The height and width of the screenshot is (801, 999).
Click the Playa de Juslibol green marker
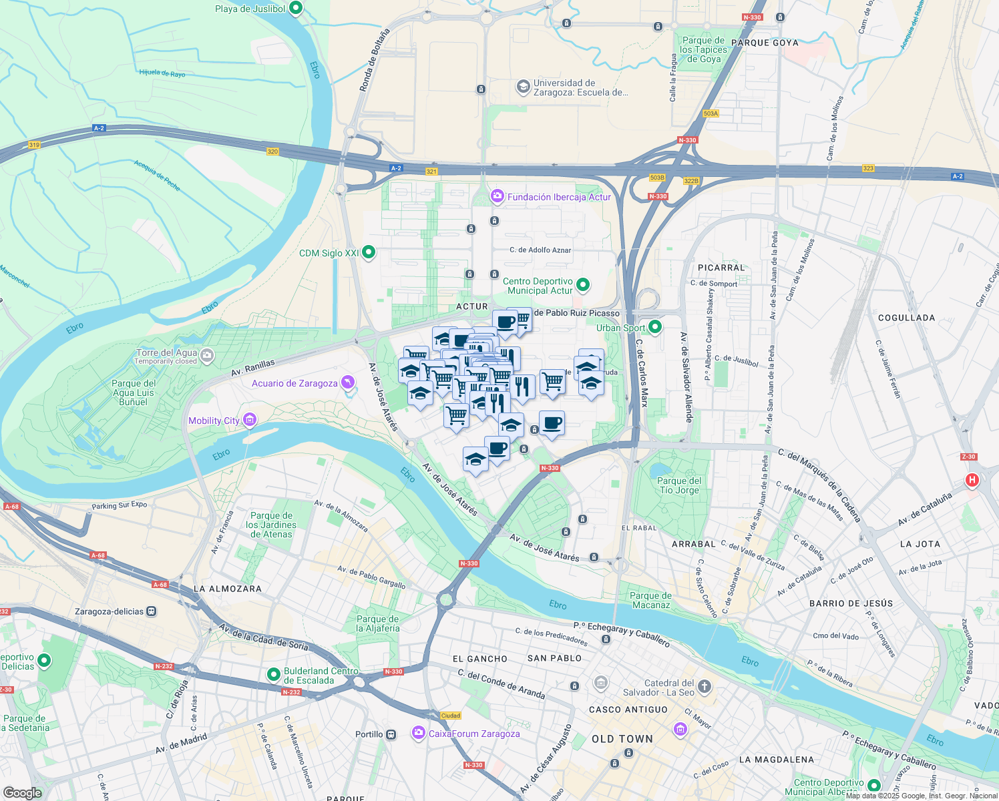coord(296,9)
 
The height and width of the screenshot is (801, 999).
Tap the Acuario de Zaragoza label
coord(294,383)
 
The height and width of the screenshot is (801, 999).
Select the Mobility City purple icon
coord(250,420)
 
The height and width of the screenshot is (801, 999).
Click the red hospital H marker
coord(972,480)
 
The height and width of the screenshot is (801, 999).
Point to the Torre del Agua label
coord(166,352)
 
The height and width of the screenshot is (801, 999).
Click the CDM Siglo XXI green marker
coord(368,252)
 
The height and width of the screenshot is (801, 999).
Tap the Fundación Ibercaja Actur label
coord(559,197)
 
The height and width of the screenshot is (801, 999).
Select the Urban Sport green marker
coord(655,327)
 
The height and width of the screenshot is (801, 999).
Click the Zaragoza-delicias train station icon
coord(152,611)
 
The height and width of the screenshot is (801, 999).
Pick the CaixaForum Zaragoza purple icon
coord(418,733)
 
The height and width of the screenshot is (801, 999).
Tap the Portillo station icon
coord(391,734)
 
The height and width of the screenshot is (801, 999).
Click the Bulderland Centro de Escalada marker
coord(273,675)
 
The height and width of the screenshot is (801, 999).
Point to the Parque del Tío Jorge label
coord(679,485)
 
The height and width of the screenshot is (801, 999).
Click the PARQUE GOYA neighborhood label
coord(765,43)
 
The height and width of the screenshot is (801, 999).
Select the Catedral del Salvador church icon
coord(705,687)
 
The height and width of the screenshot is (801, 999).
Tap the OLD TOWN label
coord(622,739)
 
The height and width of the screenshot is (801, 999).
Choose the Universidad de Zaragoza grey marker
coord(523,87)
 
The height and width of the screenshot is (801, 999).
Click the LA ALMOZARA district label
coord(227,589)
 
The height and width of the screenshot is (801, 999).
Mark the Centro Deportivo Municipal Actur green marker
coord(583,286)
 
